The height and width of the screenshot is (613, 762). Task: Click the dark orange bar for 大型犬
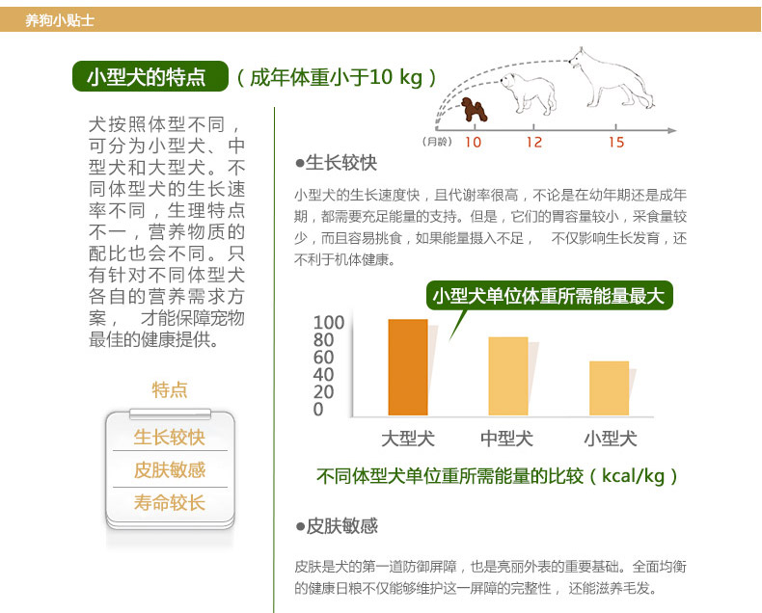coord(408,367)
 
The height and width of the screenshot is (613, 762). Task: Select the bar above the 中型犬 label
coord(507,376)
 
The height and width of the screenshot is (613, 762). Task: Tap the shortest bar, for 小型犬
coord(609,388)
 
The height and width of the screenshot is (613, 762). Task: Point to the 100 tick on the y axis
coord(329,323)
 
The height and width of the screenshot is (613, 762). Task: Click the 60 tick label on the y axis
coord(323,358)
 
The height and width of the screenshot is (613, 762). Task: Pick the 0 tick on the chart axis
coord(318,410)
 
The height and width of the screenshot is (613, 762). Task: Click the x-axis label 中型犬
coord(506,439)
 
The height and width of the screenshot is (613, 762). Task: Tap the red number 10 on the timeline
coord(473,143)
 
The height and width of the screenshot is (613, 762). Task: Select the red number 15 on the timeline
coord(616,143)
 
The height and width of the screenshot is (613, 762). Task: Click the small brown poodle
coord(474,109)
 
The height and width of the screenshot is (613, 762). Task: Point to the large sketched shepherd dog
coord(612,78)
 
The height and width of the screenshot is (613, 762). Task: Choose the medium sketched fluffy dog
coord(529,93)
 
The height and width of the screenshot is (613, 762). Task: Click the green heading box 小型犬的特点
coord(150,76)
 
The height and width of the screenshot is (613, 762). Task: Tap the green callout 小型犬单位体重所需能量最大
coord(549,295)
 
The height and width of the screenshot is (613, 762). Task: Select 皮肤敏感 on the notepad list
coord(170,469)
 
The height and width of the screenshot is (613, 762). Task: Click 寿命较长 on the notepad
coord(170,503)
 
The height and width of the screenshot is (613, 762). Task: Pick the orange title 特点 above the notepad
coord(170,390)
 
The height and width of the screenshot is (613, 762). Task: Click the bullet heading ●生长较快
coord(337,163)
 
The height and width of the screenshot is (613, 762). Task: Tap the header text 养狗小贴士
coord(59,20)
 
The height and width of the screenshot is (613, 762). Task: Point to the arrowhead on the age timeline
coord(671,130)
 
